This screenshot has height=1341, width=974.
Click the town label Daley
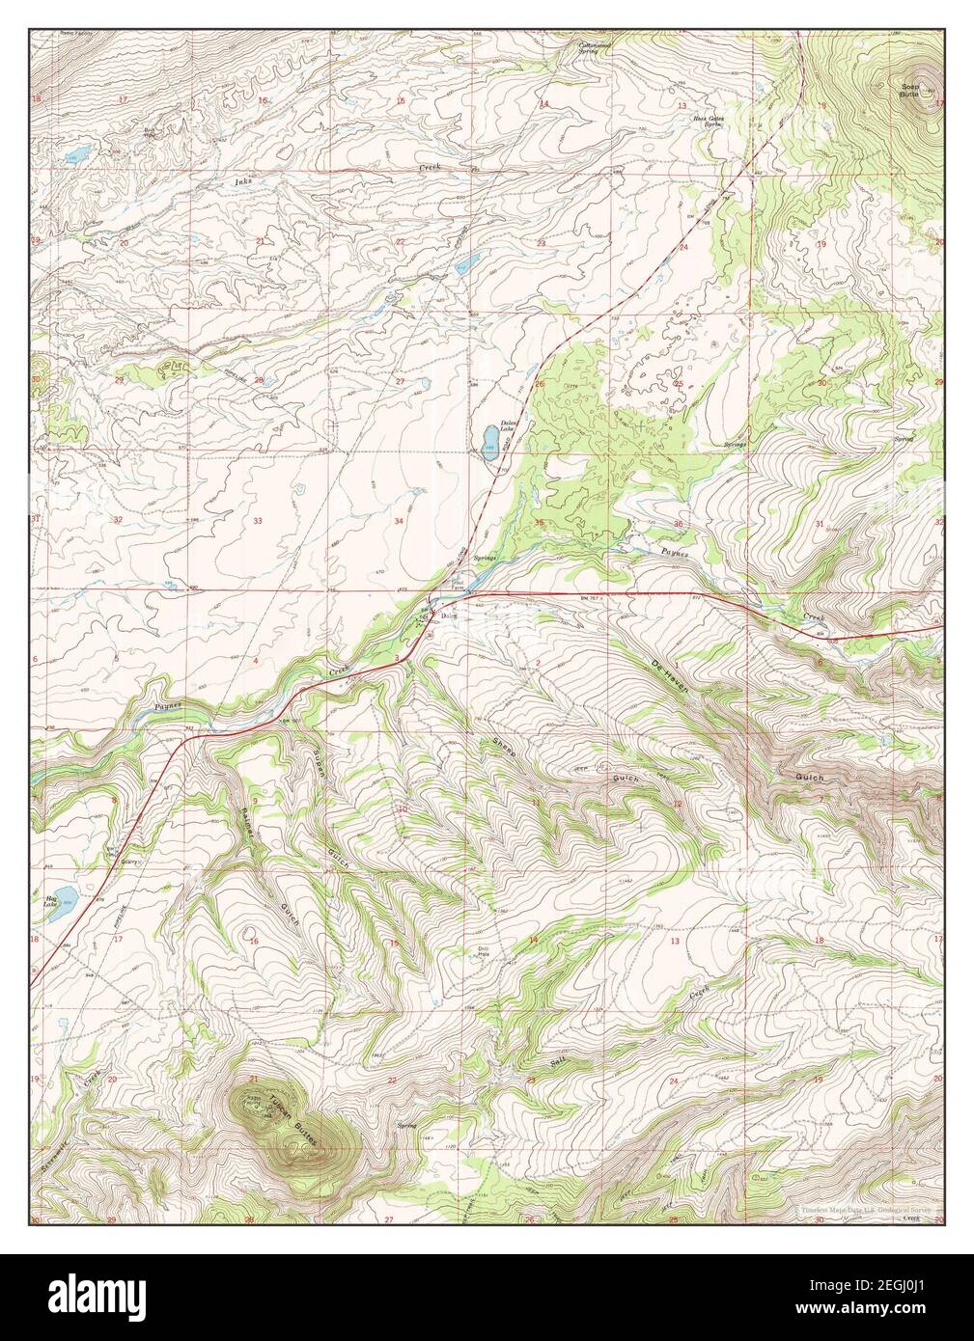click(449, 617)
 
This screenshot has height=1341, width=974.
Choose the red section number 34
click(398, 521)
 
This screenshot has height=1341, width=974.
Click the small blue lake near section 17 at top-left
click(77, 154)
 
